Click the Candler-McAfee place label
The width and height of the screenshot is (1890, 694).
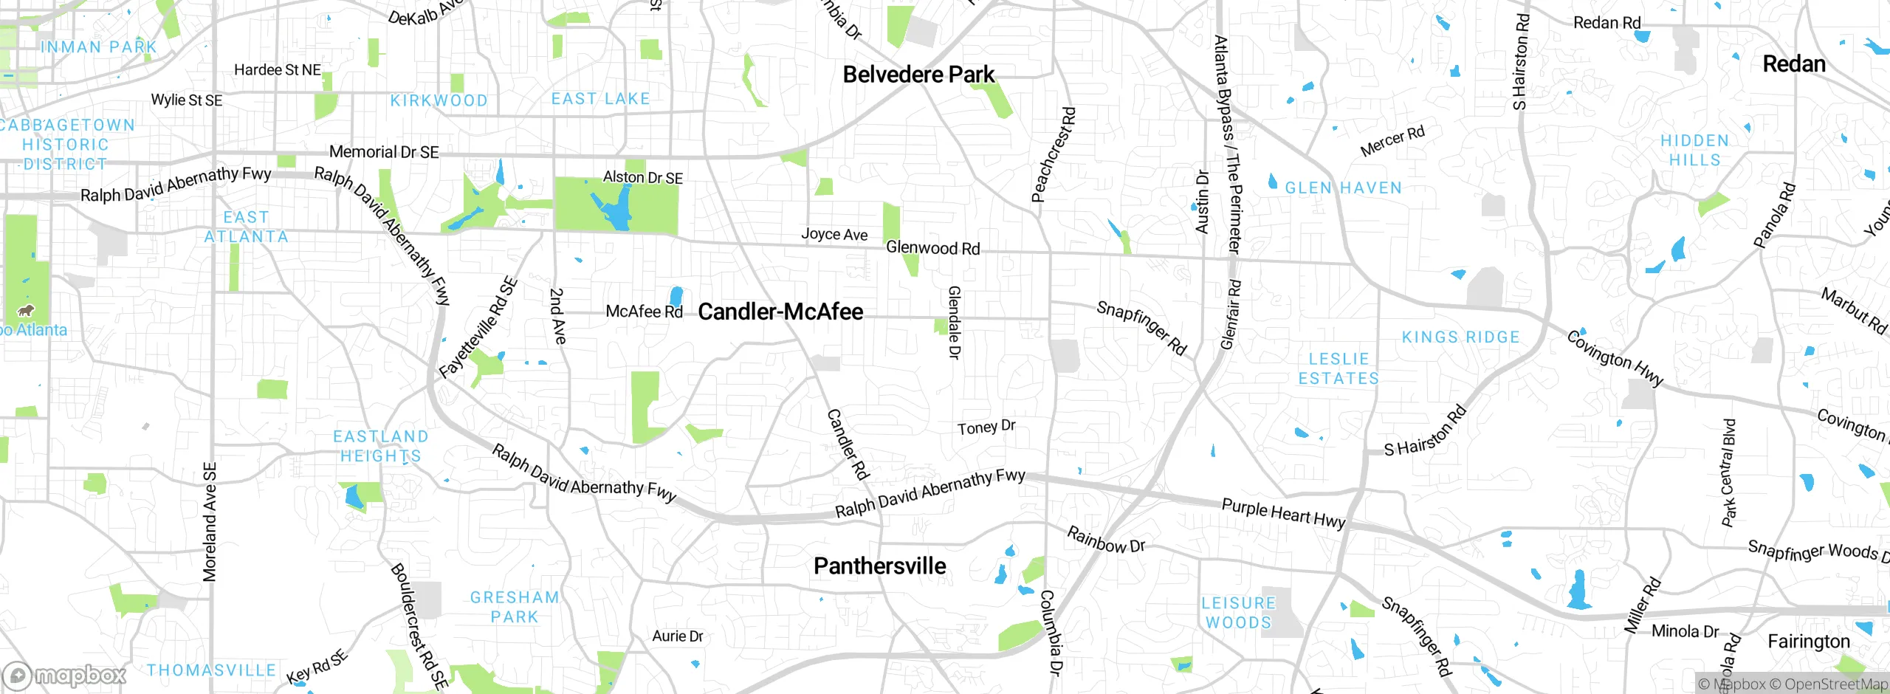point(780,312)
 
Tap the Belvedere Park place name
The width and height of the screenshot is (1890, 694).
point(918,75)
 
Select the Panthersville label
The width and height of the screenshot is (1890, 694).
point(879,566)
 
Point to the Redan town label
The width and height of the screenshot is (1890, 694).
point(1794,64)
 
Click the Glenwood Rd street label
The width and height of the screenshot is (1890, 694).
point(932,248)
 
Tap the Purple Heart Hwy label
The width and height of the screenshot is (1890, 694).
point(1283,513)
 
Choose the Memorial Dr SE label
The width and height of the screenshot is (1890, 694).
point(384,152)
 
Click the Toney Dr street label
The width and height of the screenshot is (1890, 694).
point(986,427)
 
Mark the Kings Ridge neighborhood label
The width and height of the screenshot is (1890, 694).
point(1460,337)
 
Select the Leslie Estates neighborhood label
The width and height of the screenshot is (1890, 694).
point(1339,368)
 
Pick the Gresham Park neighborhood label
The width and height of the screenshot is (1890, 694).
point(515,607)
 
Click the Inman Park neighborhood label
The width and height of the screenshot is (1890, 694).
point(99,47)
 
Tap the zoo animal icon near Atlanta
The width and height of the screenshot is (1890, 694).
point(26,311)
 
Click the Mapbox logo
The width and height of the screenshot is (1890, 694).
point(65,675)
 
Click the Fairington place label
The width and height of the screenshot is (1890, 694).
point(1808,642)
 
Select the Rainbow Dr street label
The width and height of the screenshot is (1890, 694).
point(1106,540)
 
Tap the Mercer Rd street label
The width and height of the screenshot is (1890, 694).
point(1392,141)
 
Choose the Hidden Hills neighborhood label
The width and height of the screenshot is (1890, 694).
point(1694,150)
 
